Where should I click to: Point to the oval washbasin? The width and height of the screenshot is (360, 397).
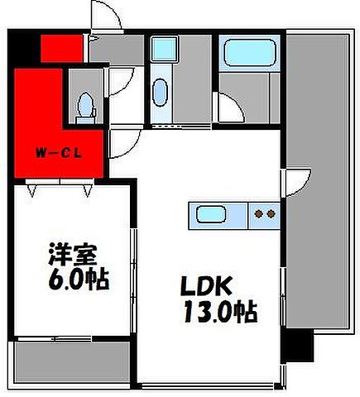(160, 93)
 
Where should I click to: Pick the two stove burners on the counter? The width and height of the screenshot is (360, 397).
(265, 215)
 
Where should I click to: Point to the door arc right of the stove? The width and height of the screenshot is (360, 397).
(292, 184)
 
